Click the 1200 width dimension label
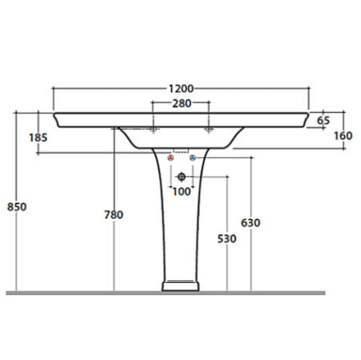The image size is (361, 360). (180, 88)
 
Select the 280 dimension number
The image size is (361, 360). (181, 103)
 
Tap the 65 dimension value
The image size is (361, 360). (323, 120)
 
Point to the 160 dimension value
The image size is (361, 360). (343, 136)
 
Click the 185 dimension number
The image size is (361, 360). (38, 138)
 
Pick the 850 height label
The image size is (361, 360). (17, 207)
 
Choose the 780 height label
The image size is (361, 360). (114, 215)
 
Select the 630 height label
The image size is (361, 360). (250, 223)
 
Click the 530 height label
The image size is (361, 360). (227, 239)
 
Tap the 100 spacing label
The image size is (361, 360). (181, 192)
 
